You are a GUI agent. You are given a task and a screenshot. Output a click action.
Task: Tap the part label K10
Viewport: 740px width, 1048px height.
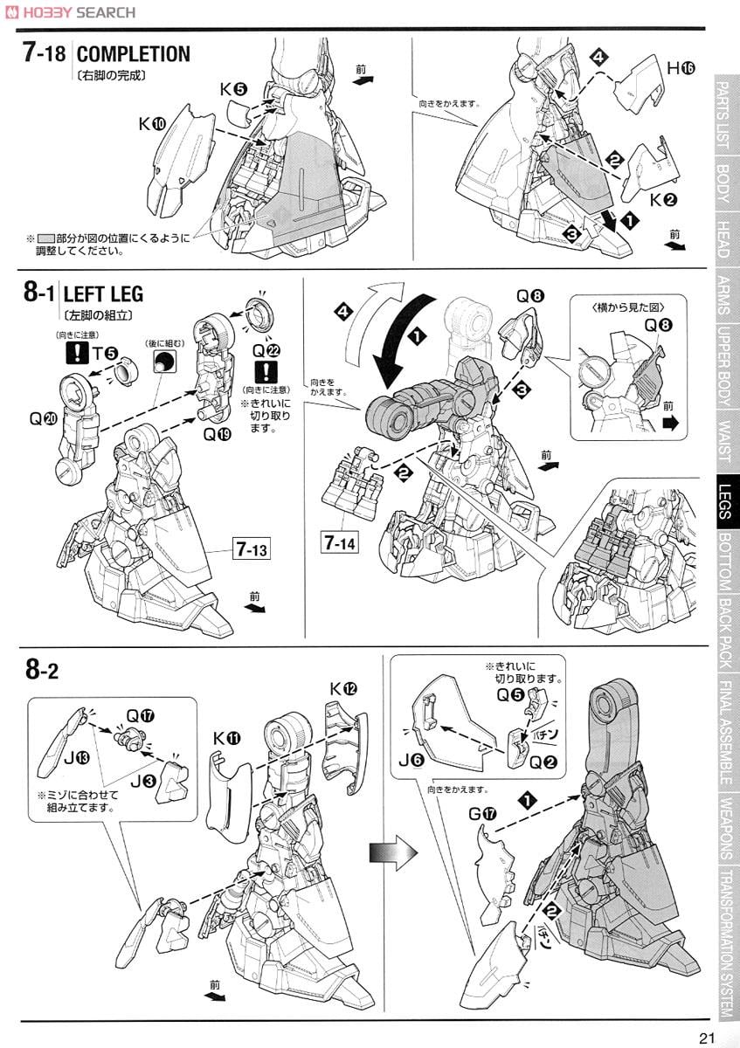pos(151,125)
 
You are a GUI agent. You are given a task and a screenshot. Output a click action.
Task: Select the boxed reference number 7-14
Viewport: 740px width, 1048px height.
pos(339,543)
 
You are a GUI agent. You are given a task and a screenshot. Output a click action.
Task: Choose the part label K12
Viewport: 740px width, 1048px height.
pos(343,689)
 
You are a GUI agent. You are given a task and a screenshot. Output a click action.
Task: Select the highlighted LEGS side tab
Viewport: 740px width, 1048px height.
pos(724,501)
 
